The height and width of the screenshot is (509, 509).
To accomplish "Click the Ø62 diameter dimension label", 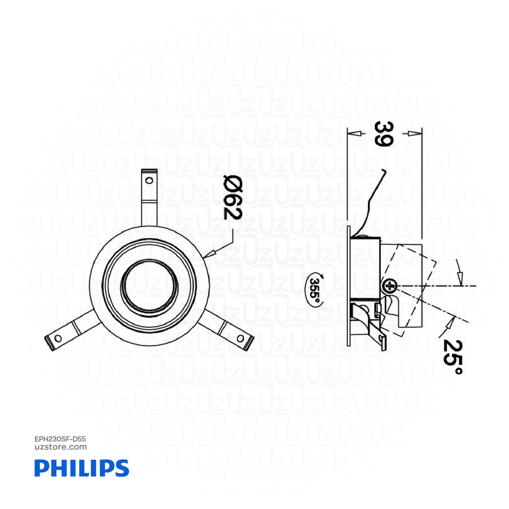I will click(x=232, y=198).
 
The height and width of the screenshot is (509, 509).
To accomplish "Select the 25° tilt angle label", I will click(x=453, y=357).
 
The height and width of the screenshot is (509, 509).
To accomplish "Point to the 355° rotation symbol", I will click(x=315, y=288).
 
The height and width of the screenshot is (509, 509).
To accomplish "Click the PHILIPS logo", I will click(x=82, y=468).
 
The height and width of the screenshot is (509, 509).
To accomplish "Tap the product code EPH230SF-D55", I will click(x=61, y=439).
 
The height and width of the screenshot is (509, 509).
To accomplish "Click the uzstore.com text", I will click(x=61, y=447).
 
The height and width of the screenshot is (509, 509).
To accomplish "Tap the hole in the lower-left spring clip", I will click(x=59, y=339).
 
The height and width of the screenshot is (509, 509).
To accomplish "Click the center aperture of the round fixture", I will click(x=149, y=286).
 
